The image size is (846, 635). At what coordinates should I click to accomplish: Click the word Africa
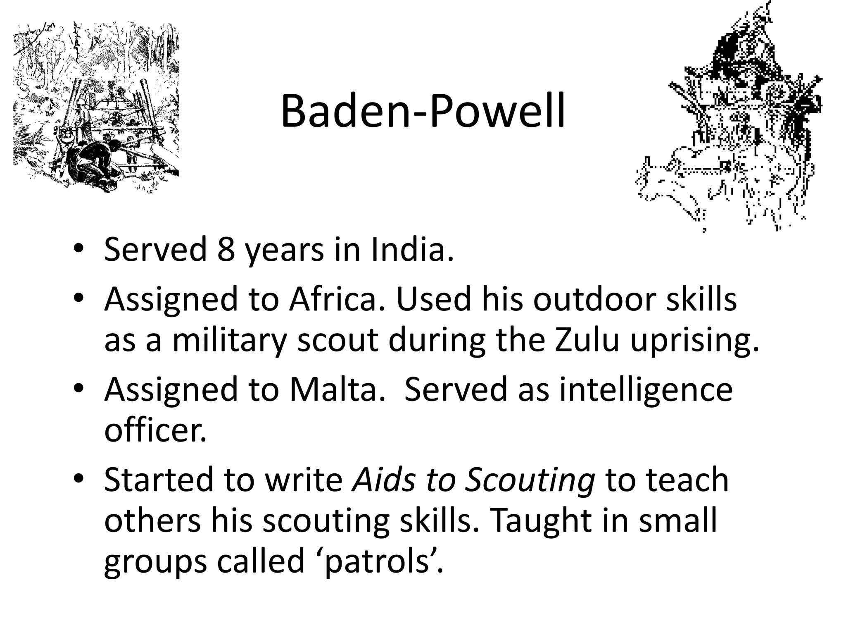click(338, 299)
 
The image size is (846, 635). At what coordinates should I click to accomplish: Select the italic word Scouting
click(530, 480)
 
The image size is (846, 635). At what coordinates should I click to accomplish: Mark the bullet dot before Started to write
click(79, 480)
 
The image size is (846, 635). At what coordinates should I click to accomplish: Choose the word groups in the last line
click(155, 562)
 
